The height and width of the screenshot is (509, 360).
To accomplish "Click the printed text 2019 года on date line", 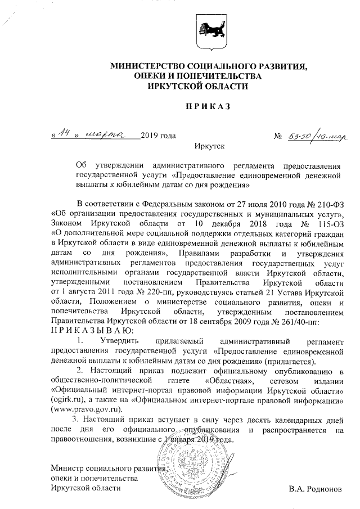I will point(158,136).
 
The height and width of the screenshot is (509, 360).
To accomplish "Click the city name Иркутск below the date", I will point(209,147).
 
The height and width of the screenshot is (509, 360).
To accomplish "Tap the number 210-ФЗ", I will point(323,202).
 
